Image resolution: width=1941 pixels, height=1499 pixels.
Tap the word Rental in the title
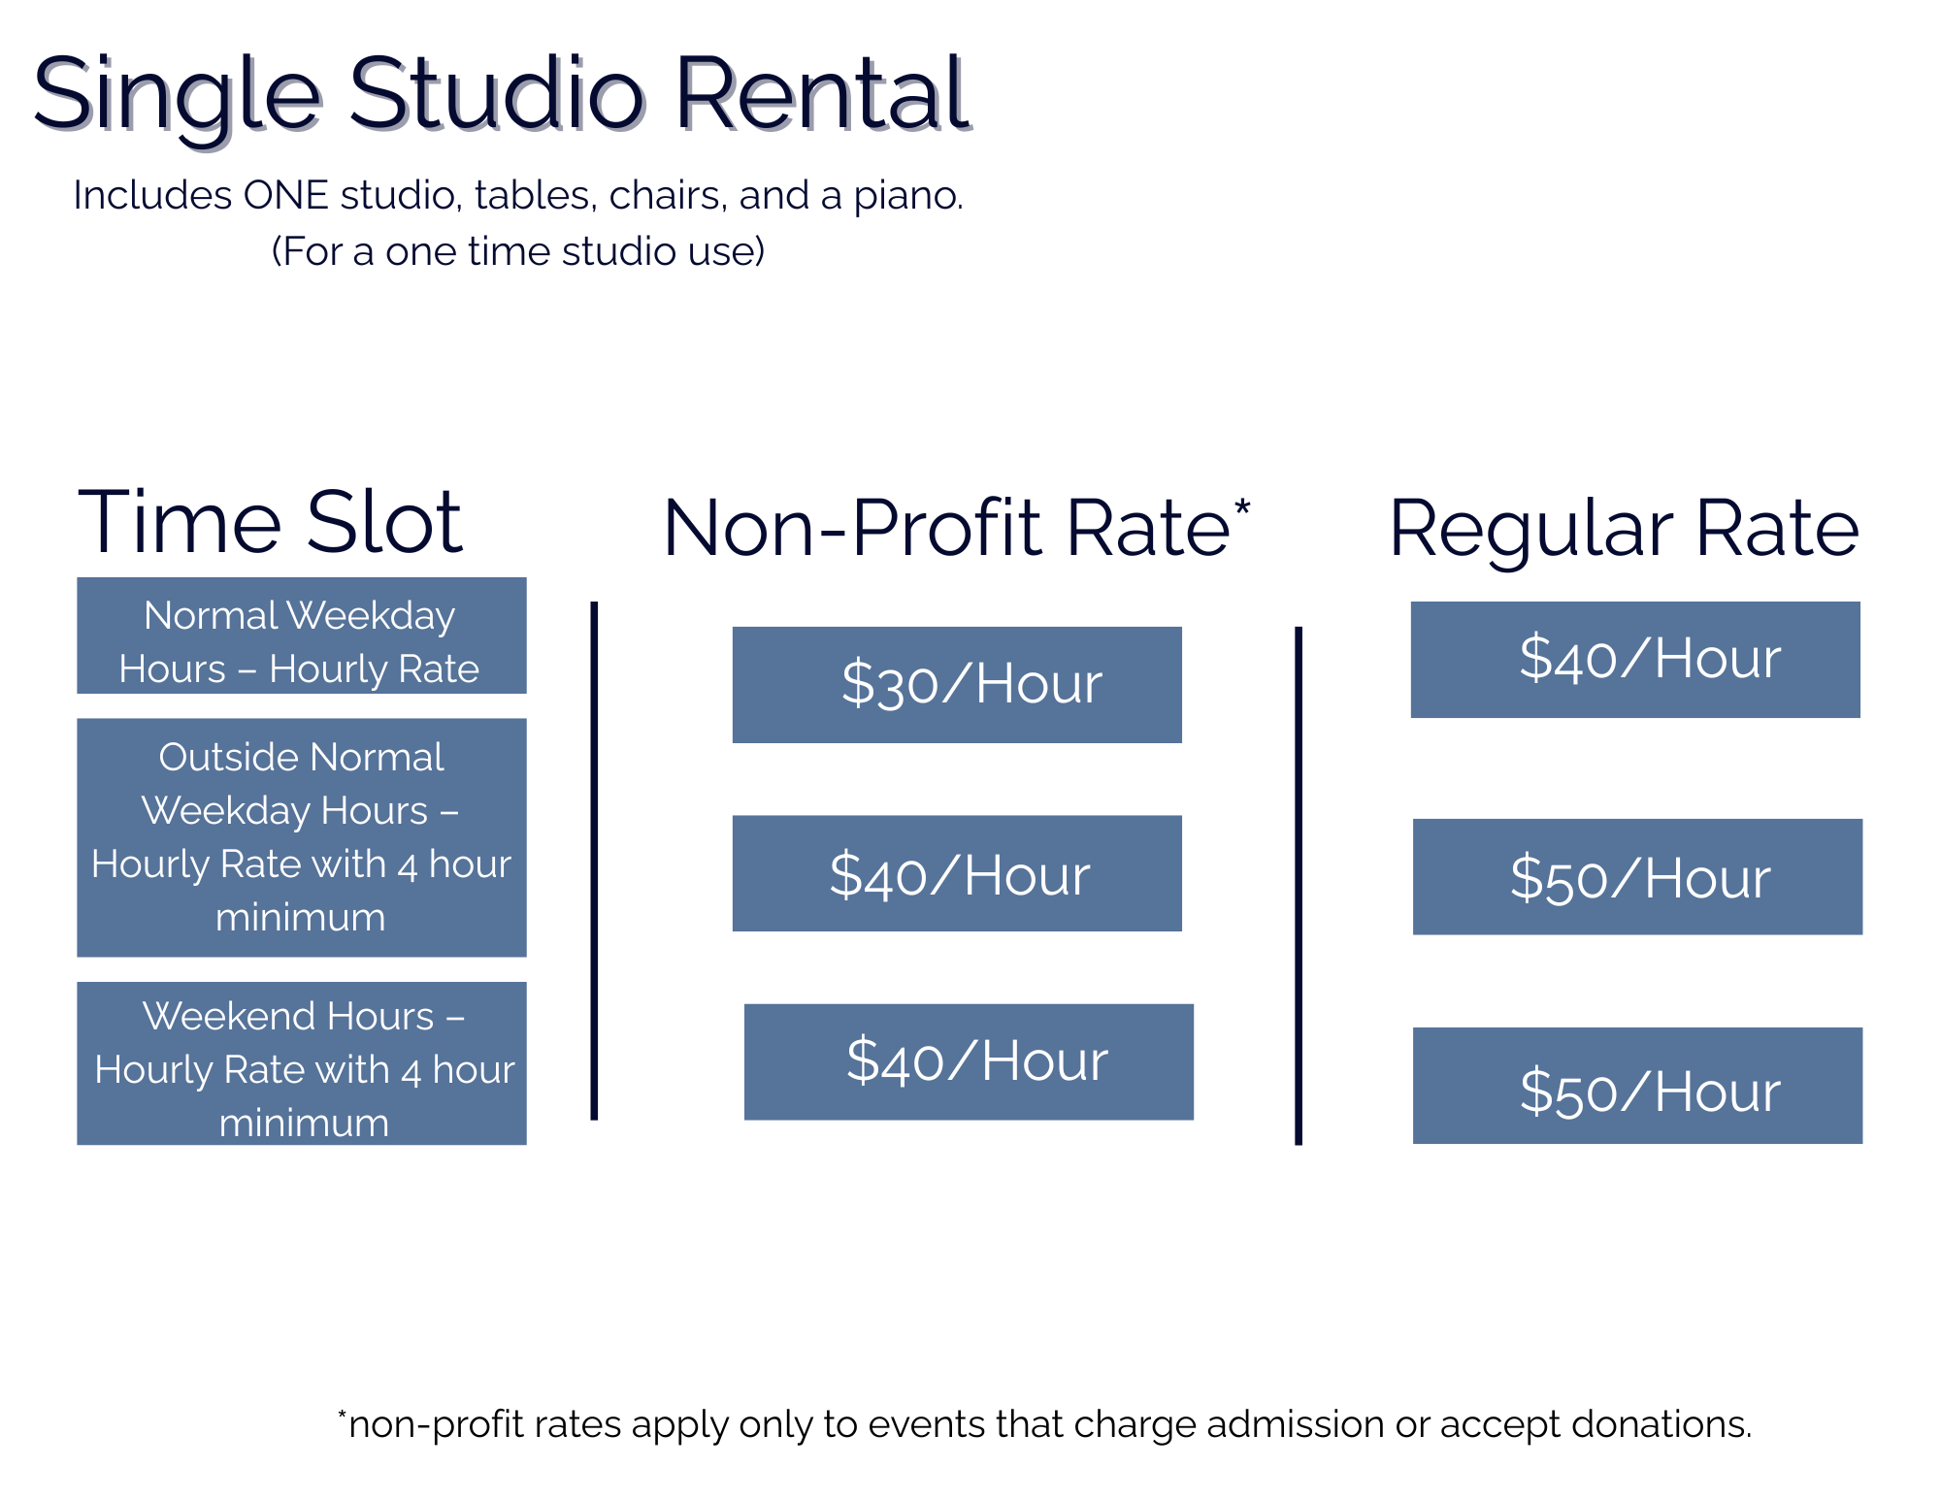click(x=822, y=94)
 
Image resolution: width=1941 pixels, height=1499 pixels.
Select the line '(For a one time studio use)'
click(x=518, y=251)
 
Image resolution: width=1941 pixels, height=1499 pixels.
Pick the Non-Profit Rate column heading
click(x=956, y=527)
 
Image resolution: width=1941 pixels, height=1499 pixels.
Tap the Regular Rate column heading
click(x=1624, y=529)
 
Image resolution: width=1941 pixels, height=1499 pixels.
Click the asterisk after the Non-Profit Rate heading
click(x=1242, y=507)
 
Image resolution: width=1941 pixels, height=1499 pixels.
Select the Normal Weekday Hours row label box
click(x=302, y=635)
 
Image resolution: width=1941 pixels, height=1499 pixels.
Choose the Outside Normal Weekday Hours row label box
click(x=302, y=837)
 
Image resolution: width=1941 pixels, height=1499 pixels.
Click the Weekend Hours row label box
click(x=302, y=1063)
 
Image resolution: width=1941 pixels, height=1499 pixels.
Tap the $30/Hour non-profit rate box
click(x=957, y=685)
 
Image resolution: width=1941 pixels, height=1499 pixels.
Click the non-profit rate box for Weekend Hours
click(x=969, y=1061)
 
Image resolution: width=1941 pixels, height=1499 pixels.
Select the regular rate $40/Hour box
click(x=1635, y=660)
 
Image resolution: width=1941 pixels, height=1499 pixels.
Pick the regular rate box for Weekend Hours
click(x=1637, y=1086)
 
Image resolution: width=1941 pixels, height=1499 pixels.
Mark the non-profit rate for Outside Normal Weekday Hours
click(x=957, y=873)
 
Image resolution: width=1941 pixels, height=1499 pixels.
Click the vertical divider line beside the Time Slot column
click(x=594, y=861)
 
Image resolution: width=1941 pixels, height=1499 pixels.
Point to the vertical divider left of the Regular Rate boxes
click(x=1299, y=886)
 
